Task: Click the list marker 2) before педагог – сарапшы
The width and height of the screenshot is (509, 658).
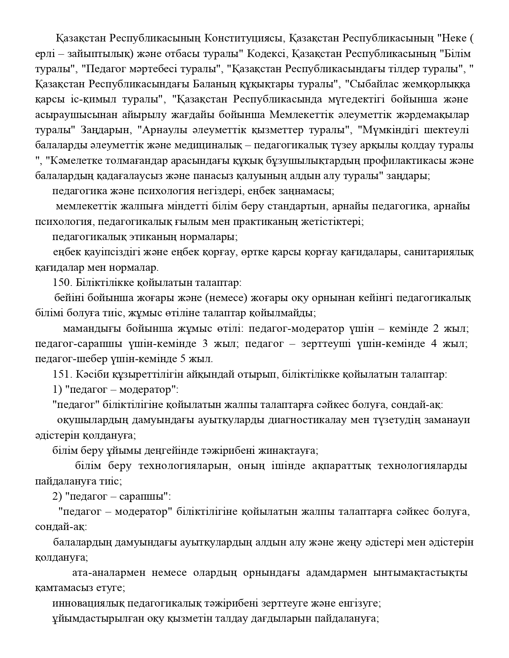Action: [x=57, y=497]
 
